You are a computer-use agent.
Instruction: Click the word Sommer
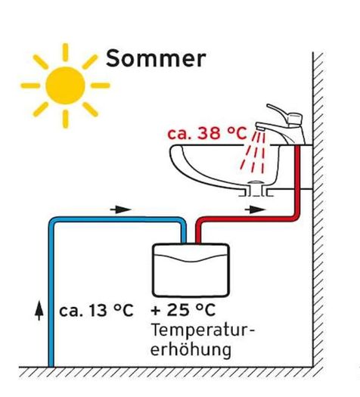click(156, 58)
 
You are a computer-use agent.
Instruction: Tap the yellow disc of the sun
click(65, 85)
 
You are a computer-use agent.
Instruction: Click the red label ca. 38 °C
click(206, 133)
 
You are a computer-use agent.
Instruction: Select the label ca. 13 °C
click(96, 310)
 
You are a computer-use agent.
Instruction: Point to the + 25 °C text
click(183, 310)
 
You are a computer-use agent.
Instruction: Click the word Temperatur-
click(203, 330)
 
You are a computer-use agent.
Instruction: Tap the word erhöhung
click(191, 349)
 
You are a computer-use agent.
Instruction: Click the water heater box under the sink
click(191, 270)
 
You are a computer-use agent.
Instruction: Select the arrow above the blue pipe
click(121, 209)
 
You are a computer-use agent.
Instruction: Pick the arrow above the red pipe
click(255, 209)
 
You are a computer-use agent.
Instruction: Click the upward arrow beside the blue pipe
click(39, 310)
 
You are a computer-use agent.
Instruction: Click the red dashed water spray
click(253, 153)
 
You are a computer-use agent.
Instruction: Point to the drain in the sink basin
click(255, 182)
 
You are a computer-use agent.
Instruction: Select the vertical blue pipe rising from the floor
click(51, 293)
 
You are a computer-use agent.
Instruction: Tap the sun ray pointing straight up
click(65, 52)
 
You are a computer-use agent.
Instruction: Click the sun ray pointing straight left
click(30, 85)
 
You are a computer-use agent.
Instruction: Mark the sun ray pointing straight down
click(66, 119)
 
